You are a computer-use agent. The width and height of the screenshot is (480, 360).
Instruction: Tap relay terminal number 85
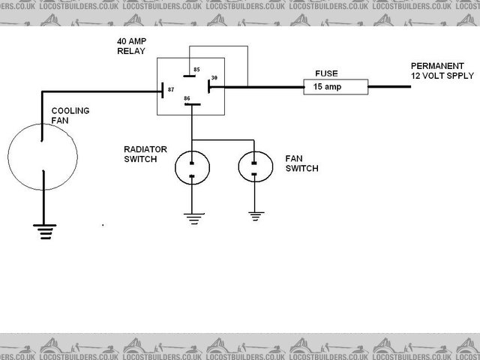coord(196,70)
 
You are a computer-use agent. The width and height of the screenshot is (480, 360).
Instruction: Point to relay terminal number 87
coord(171,90)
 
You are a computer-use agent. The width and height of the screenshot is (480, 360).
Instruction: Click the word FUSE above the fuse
coord(327,74)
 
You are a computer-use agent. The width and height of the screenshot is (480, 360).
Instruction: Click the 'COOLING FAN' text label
coord(70,115)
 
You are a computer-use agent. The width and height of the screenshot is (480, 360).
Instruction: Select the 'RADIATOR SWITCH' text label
coord(145,154)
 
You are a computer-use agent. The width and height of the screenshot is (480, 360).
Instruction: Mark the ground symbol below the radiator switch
coord(193,218)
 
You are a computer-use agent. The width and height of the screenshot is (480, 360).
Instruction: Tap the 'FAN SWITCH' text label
coord(301,164)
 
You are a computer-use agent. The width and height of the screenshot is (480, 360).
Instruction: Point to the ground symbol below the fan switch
coord(256,216)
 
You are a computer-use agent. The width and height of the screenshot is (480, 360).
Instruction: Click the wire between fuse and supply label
coord(390,88)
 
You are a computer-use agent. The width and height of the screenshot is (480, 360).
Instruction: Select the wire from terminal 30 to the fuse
coord(259,88)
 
